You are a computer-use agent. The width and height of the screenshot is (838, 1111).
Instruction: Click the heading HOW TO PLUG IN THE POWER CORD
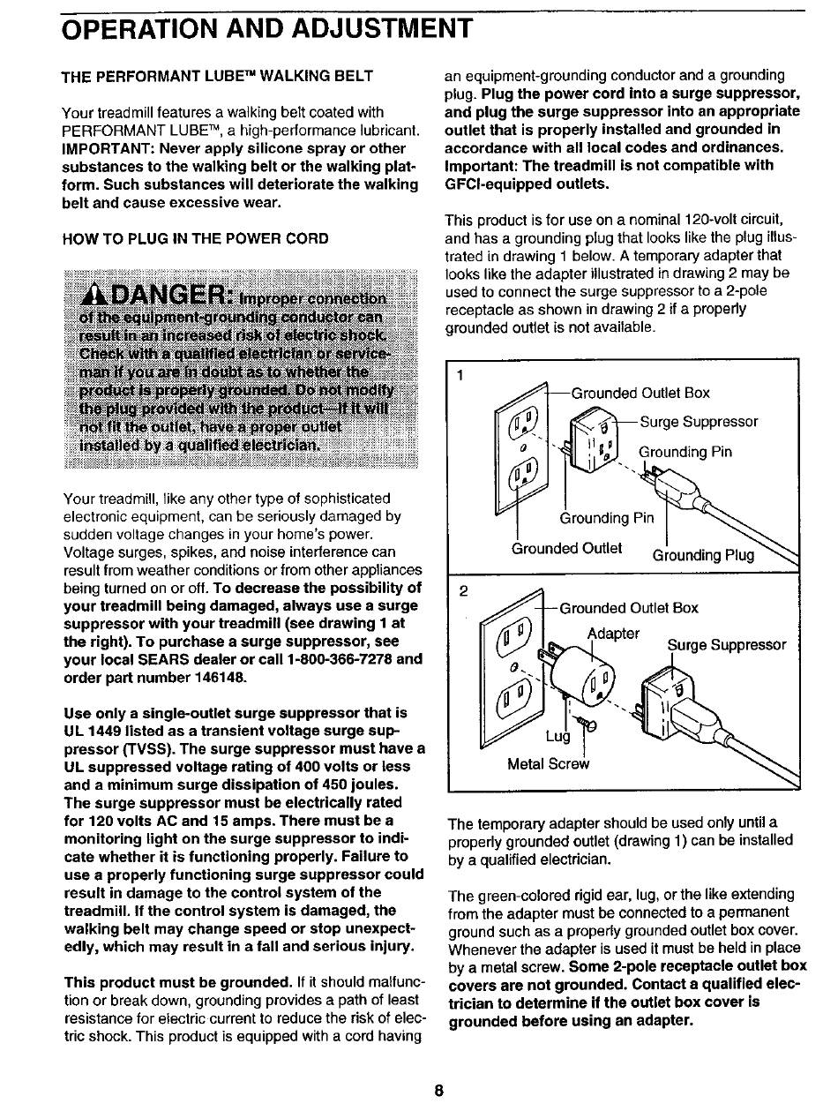(195, 238)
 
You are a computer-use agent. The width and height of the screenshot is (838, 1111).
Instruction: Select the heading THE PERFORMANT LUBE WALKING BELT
(217, 76)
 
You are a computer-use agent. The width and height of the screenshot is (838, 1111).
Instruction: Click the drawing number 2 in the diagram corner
(461, 589)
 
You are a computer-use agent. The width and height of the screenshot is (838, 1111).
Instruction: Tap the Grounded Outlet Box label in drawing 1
(640, 394)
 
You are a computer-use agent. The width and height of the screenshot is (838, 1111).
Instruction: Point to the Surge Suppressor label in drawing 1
(699, 422)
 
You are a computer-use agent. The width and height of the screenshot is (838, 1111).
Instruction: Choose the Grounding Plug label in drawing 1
(703, 555)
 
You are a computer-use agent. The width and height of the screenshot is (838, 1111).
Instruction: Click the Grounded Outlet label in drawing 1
(567, 548)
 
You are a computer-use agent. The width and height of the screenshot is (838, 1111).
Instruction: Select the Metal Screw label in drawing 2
(549, 764)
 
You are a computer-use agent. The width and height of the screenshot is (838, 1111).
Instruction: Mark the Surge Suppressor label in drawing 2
(726, 645)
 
